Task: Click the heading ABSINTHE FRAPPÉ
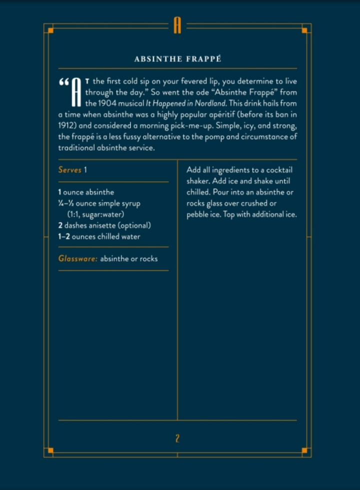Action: pos(177,59)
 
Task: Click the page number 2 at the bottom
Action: pos(177,438)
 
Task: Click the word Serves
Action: pos(69,170)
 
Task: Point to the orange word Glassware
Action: pos(77,259)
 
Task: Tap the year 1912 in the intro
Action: pos(67,126)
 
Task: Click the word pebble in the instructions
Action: pos(198,215)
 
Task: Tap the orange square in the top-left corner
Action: pos(50,31)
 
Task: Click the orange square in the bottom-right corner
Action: pos(304,450)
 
